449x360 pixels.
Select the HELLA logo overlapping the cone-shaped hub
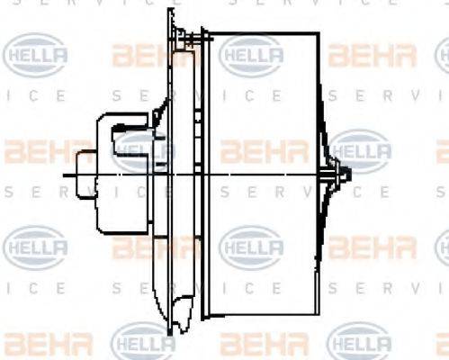[361, 149]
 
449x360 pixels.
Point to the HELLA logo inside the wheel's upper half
[252, 56]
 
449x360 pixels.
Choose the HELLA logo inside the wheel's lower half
[252, 244]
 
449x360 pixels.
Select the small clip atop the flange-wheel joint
[192, 38]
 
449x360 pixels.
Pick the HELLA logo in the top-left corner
[36, 56]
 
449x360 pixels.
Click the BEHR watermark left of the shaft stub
[31, 148]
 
